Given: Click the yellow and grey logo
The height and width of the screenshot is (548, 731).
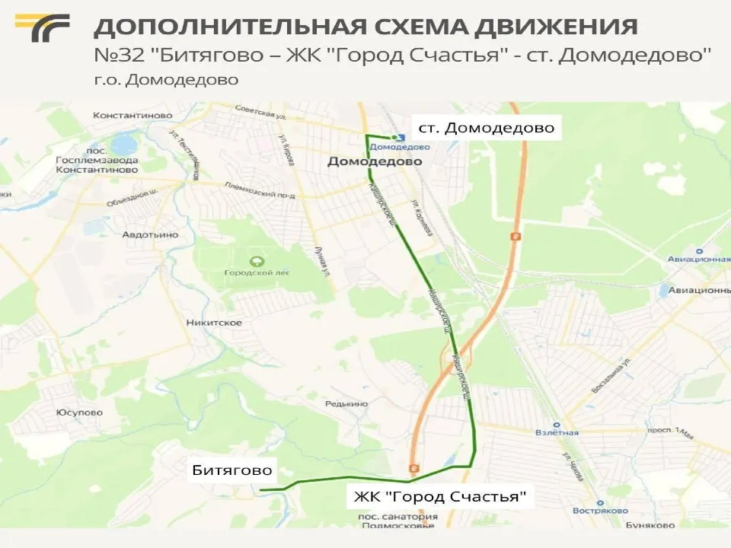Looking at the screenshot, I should coord(42,28).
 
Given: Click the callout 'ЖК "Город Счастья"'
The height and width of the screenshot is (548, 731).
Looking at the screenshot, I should coord(440,498).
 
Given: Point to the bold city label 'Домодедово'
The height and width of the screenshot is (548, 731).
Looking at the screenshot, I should coord(364,162).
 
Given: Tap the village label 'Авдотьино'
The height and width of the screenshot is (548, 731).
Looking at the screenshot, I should coord(150,234).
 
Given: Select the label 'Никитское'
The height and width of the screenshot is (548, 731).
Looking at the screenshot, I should coord(214,323).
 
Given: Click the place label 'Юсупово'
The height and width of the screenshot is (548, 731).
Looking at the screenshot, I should coord(79,413).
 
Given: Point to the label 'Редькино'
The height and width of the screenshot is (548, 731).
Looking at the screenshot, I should coord(346,404).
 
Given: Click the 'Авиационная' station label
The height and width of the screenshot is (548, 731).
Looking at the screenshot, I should coord(699,260).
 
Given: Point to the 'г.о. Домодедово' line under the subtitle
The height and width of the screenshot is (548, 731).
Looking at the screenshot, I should coord(166,80).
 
